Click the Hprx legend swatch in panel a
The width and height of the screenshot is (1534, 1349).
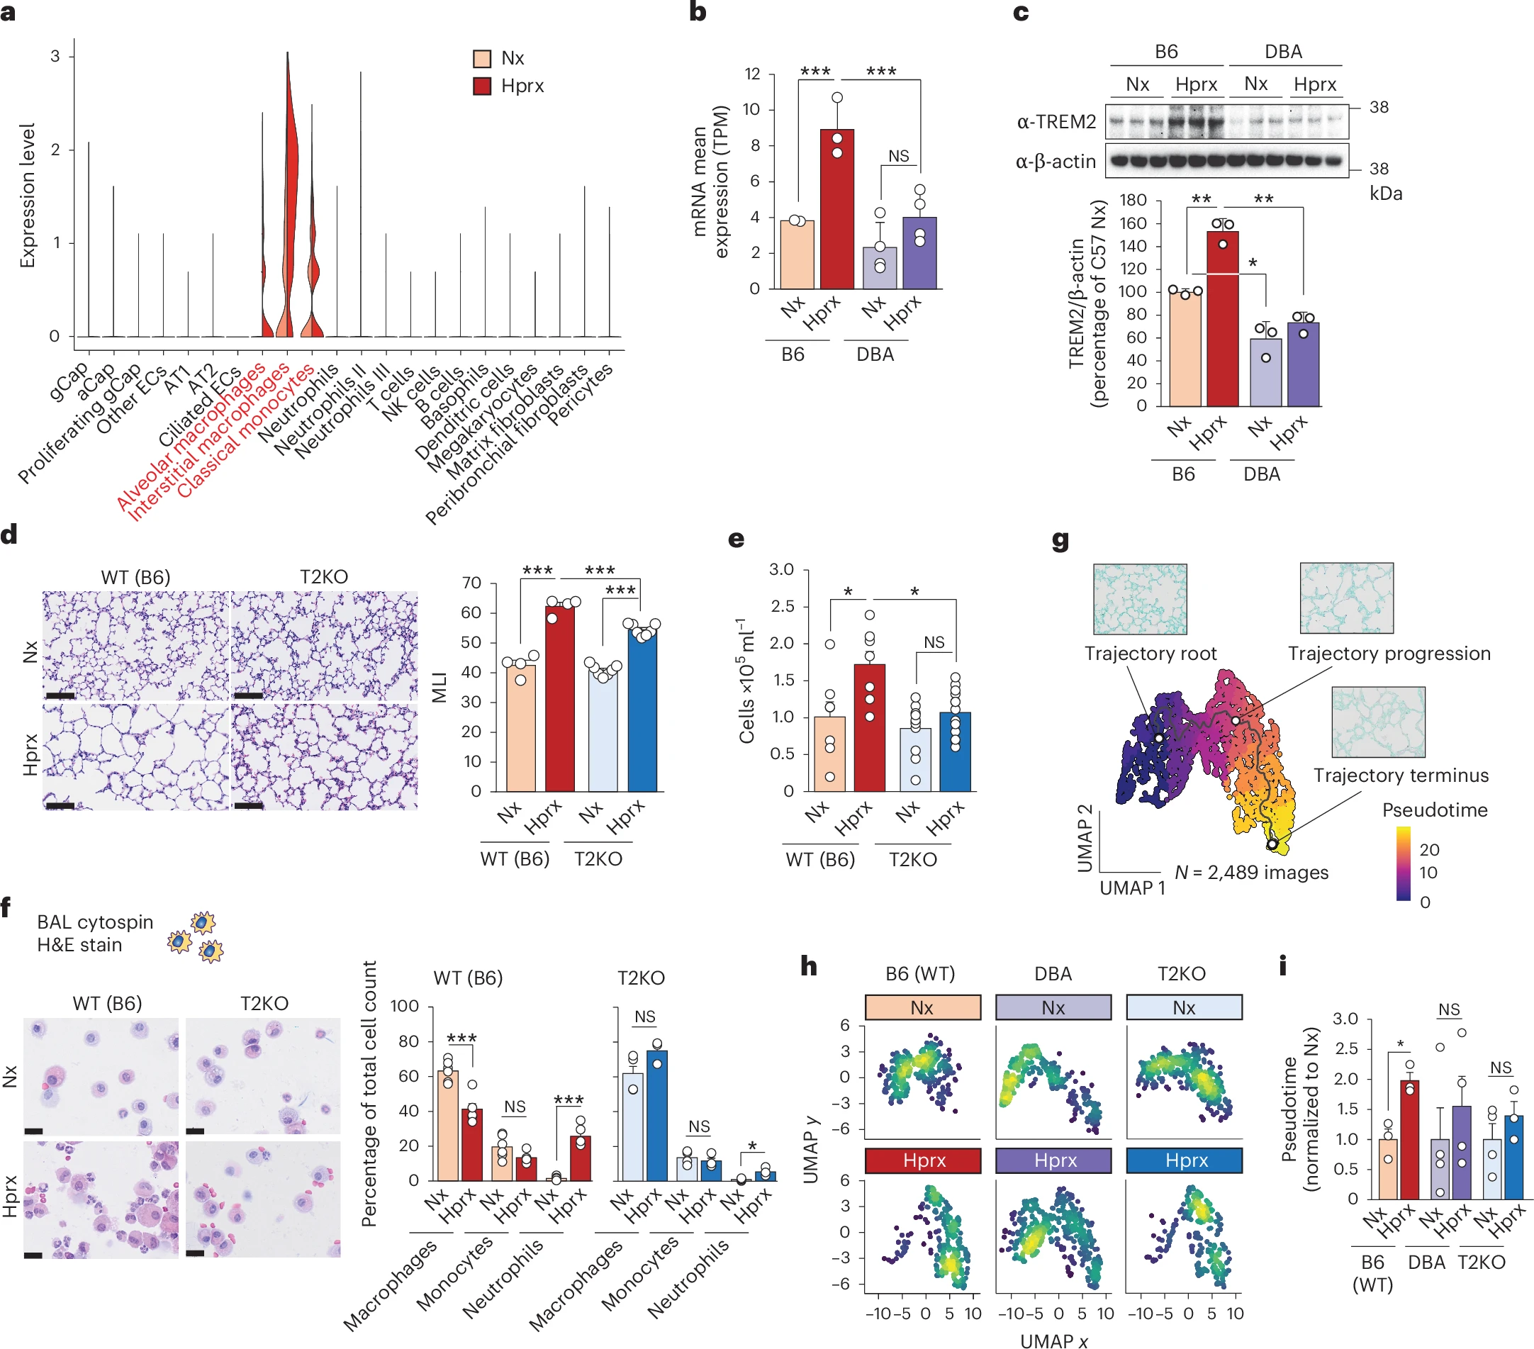[x=482, y=86]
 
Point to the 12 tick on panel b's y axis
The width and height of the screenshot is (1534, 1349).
[x=752, y=74]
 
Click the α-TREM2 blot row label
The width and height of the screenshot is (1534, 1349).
[x=1056, y=122]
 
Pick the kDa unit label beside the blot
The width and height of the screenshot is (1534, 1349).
[x=1385, y=194]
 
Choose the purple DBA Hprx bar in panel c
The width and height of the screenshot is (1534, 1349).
[x=1303, y=364]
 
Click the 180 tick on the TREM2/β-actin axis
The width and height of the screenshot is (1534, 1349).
[x=1133, y=200]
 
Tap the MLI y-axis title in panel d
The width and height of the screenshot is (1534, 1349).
[x=439, y=687]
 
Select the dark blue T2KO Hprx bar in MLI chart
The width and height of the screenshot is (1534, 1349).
[x=642, y=710]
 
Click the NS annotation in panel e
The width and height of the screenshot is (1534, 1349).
[x=934, y=642]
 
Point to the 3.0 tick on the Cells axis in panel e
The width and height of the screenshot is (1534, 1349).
[x=781, y=570]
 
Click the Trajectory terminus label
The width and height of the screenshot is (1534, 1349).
[x=1401, y=776]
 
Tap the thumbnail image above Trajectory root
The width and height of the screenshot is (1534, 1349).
[x=1139, y=599]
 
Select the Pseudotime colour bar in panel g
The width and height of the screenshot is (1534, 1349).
[x=1403, y=863]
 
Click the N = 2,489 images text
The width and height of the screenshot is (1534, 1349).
[x=1251, y=873]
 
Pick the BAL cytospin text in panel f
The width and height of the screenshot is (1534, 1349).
[x=94, y=922]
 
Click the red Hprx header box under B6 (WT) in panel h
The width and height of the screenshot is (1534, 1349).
[x=922, y=1160]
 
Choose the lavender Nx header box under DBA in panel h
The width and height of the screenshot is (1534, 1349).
[x=1053, y=1007]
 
